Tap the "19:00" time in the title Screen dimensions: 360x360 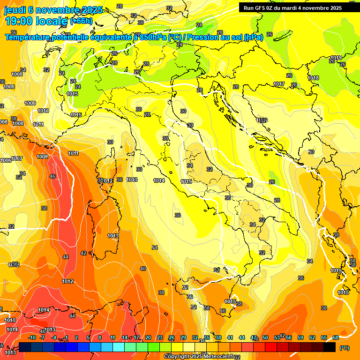[x=19, y=21]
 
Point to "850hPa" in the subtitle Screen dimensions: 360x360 [x=153, y=37]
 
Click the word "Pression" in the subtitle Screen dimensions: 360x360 [x=203, y=37]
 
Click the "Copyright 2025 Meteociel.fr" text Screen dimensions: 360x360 [x=199, y=356]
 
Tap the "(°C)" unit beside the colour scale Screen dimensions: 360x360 [x=345, y=348]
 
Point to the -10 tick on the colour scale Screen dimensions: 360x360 [x=31, y=337]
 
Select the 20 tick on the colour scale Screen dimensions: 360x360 [x=148, y=337]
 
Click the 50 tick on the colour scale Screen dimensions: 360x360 [x=265, y=337]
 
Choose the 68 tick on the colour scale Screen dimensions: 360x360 [x=336, y=337]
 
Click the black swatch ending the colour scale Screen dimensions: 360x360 [x=330, y=347]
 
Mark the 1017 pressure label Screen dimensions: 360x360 [x=279, y=84]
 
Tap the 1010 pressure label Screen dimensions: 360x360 [x=43, y=111]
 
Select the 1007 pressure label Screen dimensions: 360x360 [x=17, y=158]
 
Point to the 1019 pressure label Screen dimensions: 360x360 [x=336, y=58]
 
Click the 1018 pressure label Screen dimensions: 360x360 [x=313, y=78]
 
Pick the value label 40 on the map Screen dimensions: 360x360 [x=143, y=269]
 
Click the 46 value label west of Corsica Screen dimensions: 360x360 [x=52, y=176]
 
